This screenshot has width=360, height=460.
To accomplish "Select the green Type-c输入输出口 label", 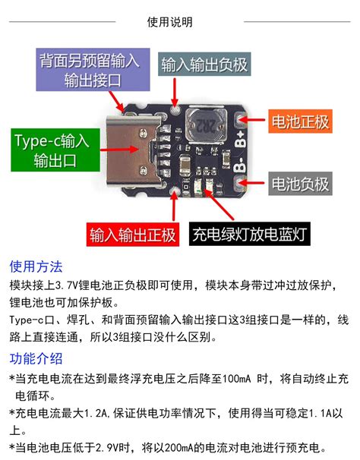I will pos(51,150).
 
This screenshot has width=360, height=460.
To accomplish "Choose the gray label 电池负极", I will pos(300,183).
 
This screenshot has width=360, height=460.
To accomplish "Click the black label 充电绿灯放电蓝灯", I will pos(250,233).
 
